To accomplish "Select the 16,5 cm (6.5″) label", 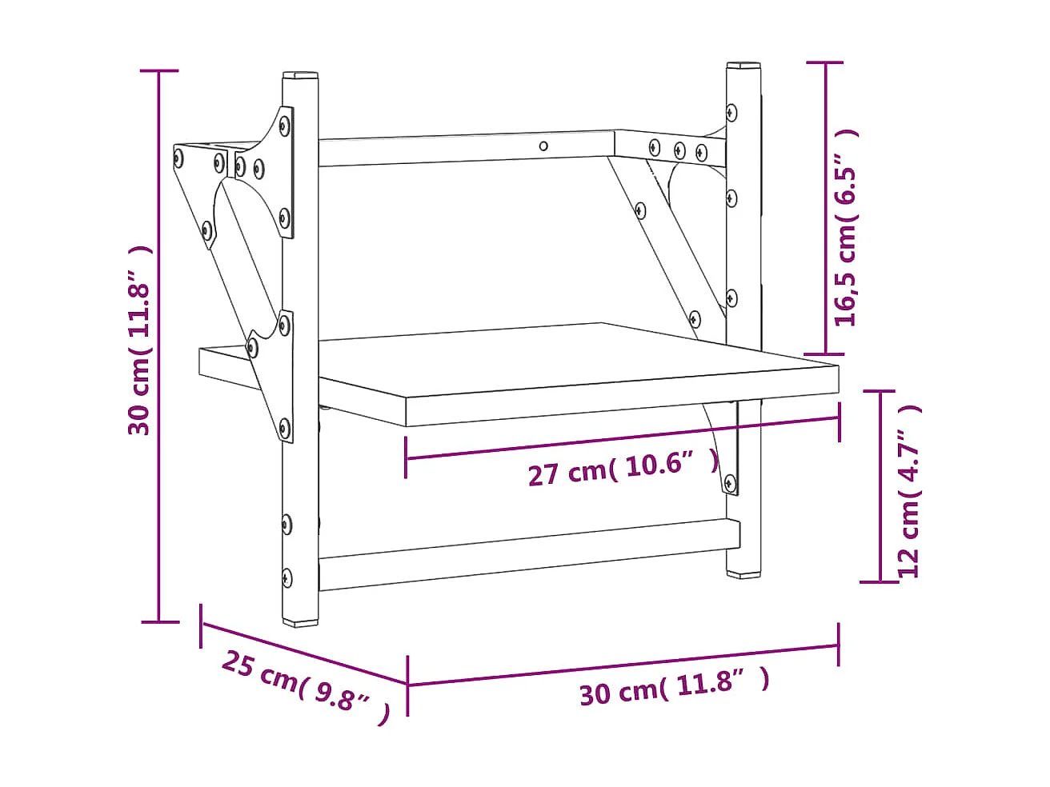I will (846, 228).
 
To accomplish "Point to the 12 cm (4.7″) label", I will (910, 490).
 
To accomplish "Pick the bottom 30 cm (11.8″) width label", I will (674, 686).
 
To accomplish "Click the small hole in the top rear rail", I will (544, 146).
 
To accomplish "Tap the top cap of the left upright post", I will (300, 76).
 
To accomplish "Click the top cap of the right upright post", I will (743, 65).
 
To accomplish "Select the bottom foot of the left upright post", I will (301, 620).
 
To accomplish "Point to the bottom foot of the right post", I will (744, 573).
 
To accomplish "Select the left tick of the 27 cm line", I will (406, 457).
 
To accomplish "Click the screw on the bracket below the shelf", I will (730, 482).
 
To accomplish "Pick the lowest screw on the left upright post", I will (287, 577).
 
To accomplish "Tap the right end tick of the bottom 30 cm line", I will (838, 645).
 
